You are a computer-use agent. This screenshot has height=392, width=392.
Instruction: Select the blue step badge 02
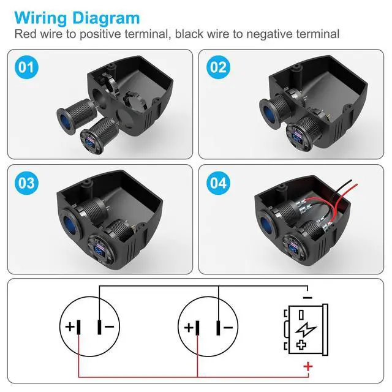[x=218, y=67]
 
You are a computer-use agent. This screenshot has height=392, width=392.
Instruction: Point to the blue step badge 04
[x=218, y=182]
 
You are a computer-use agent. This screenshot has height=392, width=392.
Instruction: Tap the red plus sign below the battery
[x=308, y=367]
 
